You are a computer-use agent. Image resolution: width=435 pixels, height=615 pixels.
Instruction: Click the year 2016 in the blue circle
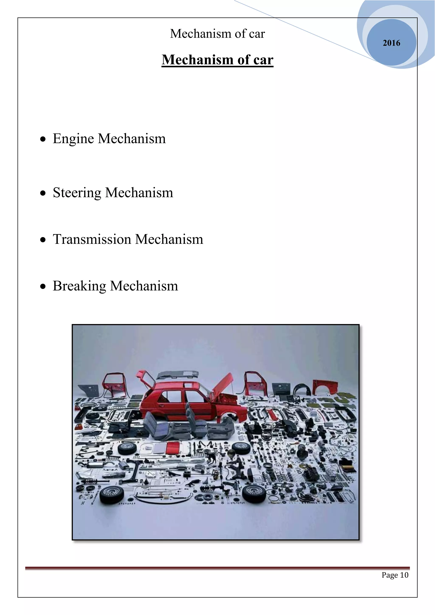(391, 43)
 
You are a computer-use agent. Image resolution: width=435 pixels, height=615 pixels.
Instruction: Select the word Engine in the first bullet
(73, 139)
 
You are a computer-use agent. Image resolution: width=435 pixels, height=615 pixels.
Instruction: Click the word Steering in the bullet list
(77, 193)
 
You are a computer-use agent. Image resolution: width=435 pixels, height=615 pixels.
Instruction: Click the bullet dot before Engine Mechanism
(43, 139)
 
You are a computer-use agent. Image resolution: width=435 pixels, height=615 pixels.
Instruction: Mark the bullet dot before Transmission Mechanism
(43, 240)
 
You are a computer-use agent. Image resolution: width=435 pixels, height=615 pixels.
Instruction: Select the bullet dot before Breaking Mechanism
(43, 286)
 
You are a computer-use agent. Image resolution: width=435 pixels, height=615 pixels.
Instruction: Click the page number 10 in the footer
(404, 575)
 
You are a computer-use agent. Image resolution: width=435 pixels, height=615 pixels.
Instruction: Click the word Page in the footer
(390, 575)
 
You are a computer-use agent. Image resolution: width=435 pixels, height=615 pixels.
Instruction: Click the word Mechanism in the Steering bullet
(139, 193)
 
